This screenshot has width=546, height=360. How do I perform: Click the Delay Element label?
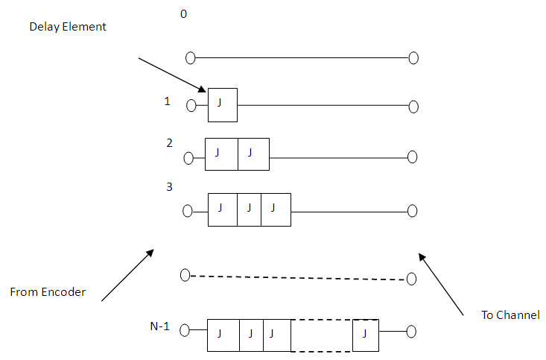68,27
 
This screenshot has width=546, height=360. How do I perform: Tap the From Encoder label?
48,292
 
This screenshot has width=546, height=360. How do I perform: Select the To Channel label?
510,315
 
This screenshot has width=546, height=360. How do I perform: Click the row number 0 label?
184,13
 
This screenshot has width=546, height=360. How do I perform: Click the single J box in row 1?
222,104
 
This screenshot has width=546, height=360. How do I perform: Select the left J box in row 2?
221,154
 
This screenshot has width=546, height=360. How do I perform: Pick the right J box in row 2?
253,154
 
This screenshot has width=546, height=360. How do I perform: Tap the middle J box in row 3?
249,209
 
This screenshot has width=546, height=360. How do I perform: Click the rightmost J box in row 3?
276,209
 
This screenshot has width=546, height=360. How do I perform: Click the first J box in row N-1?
223,335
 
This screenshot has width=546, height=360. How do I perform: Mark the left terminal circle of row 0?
191,57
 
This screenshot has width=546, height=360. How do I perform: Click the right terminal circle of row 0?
413,57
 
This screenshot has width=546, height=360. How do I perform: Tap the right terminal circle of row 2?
413,157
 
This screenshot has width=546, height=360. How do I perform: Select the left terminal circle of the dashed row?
185,275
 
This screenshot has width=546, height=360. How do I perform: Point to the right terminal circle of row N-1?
410,331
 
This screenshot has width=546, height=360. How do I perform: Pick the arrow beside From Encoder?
127,275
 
